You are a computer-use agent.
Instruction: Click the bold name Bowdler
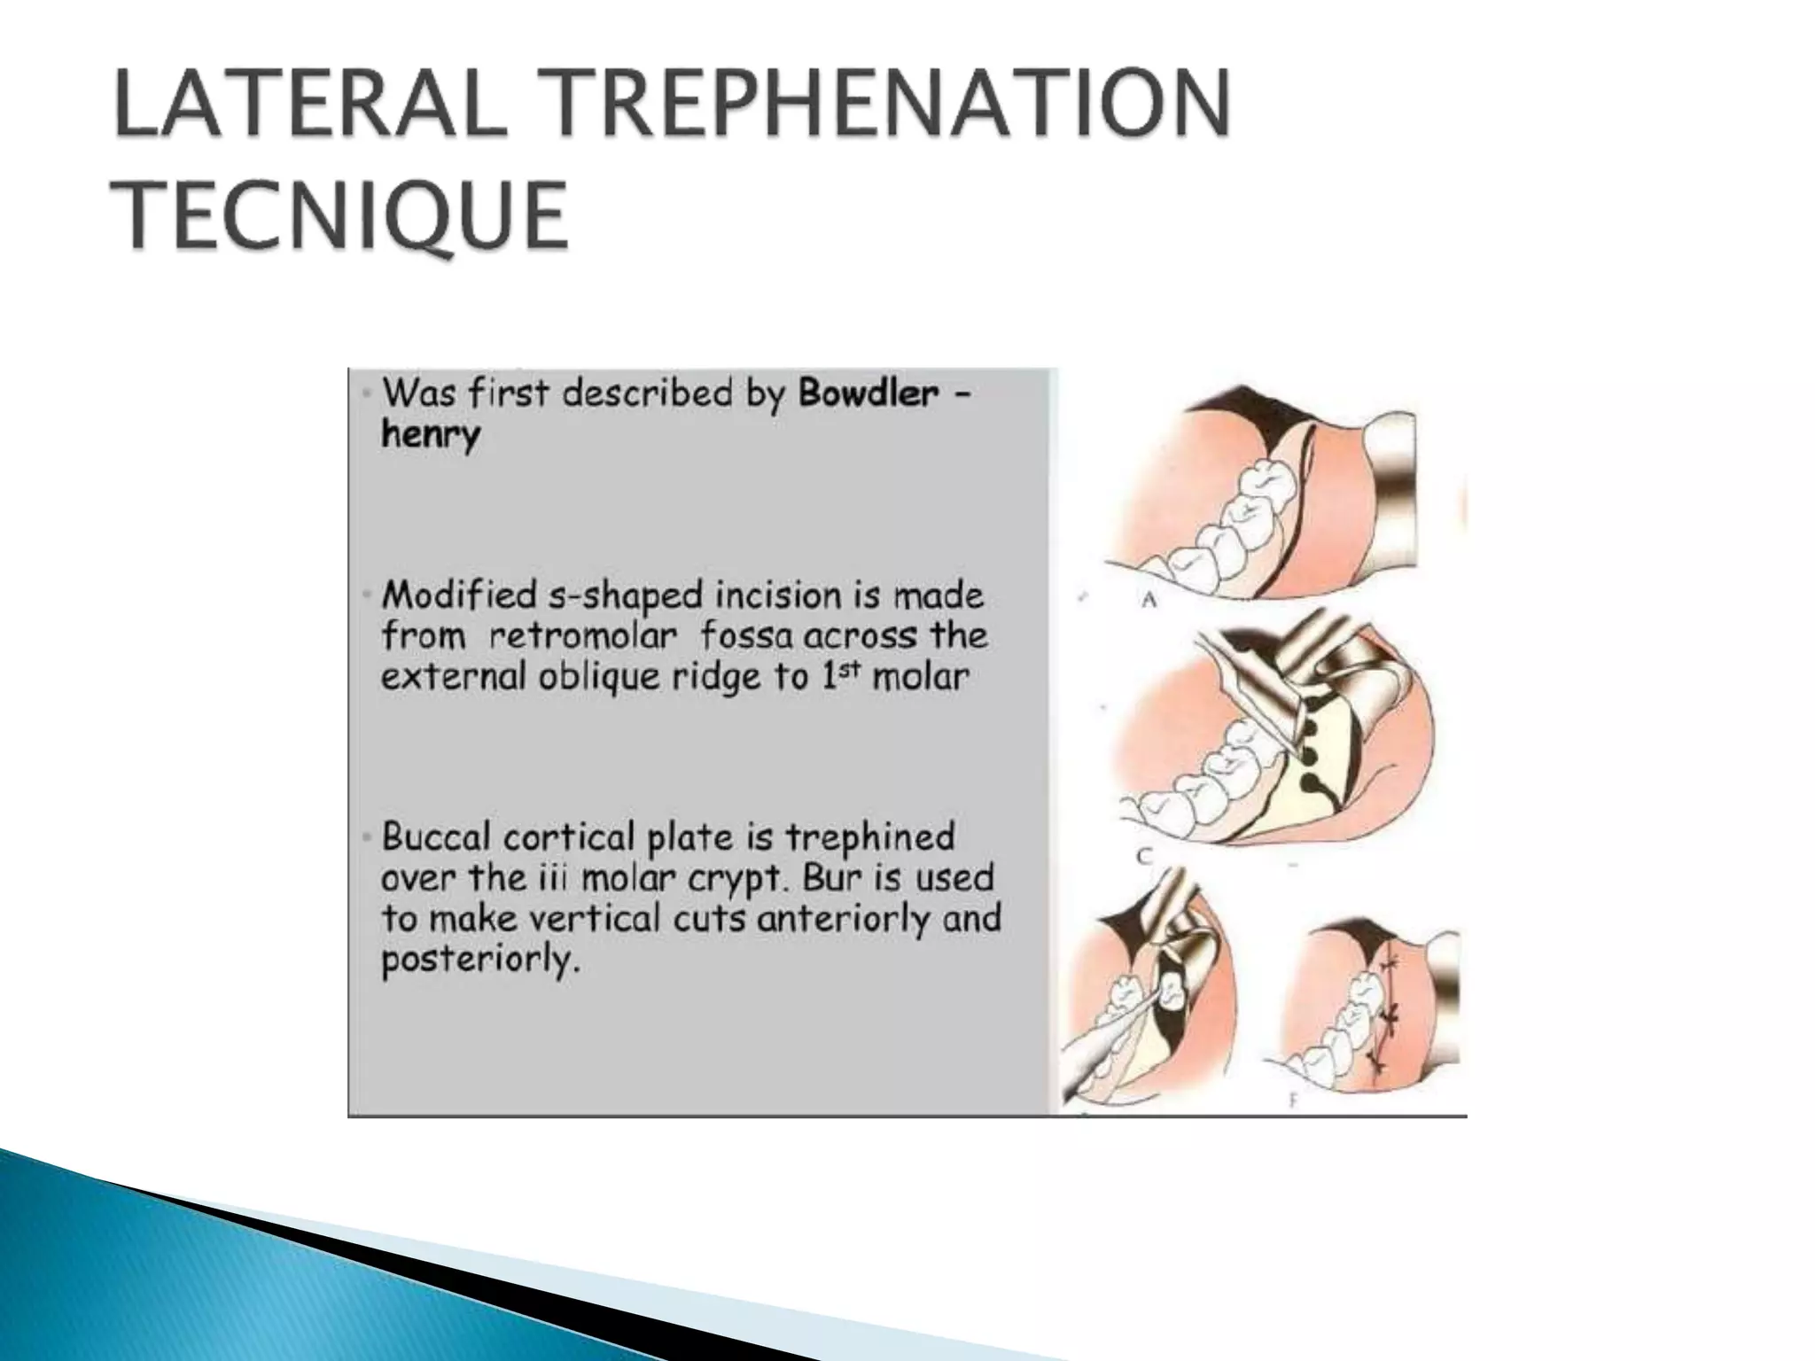tap(869, 393)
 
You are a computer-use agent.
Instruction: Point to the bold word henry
tap(431, 435)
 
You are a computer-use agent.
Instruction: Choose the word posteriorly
tap(479, 960)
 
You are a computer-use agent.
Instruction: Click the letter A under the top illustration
tap(1149, 600)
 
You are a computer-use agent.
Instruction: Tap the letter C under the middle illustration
tap(1144, 855)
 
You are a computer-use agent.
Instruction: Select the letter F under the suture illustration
tap(1293, 1101)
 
